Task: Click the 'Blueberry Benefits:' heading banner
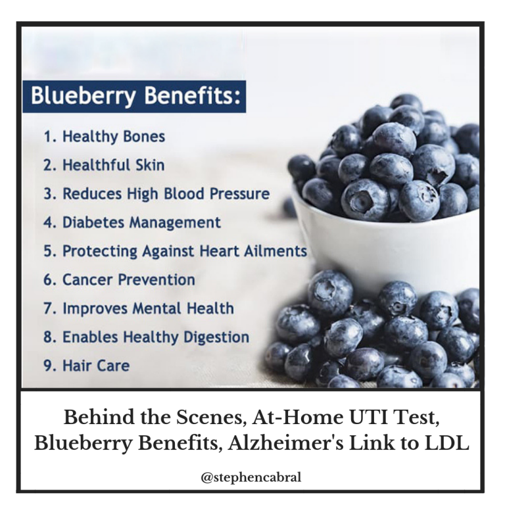tap(134, 96)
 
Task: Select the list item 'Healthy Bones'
tap(104, 137)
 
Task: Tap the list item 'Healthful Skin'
tap(104, 165)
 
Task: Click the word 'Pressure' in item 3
tap(239, 193)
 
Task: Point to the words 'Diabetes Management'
tap(142, 222)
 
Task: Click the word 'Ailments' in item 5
tap(276, 251)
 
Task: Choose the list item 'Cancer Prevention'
tap(119, 279)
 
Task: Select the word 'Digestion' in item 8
tap(216, 337)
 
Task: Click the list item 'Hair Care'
tap(86, 366)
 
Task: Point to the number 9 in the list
tap(48, 366)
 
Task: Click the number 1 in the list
tap(48, 137)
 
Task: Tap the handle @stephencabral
tap(251, 477)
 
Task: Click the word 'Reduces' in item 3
tap(93, 193)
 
